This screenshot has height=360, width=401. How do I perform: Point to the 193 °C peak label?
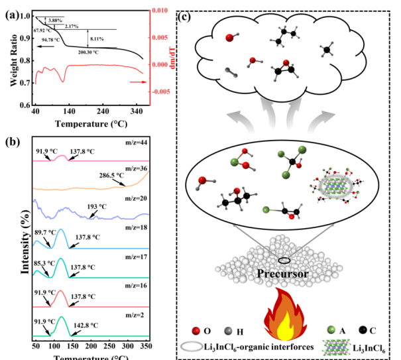[99, 207]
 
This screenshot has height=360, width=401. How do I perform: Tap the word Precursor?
[278, 272]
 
